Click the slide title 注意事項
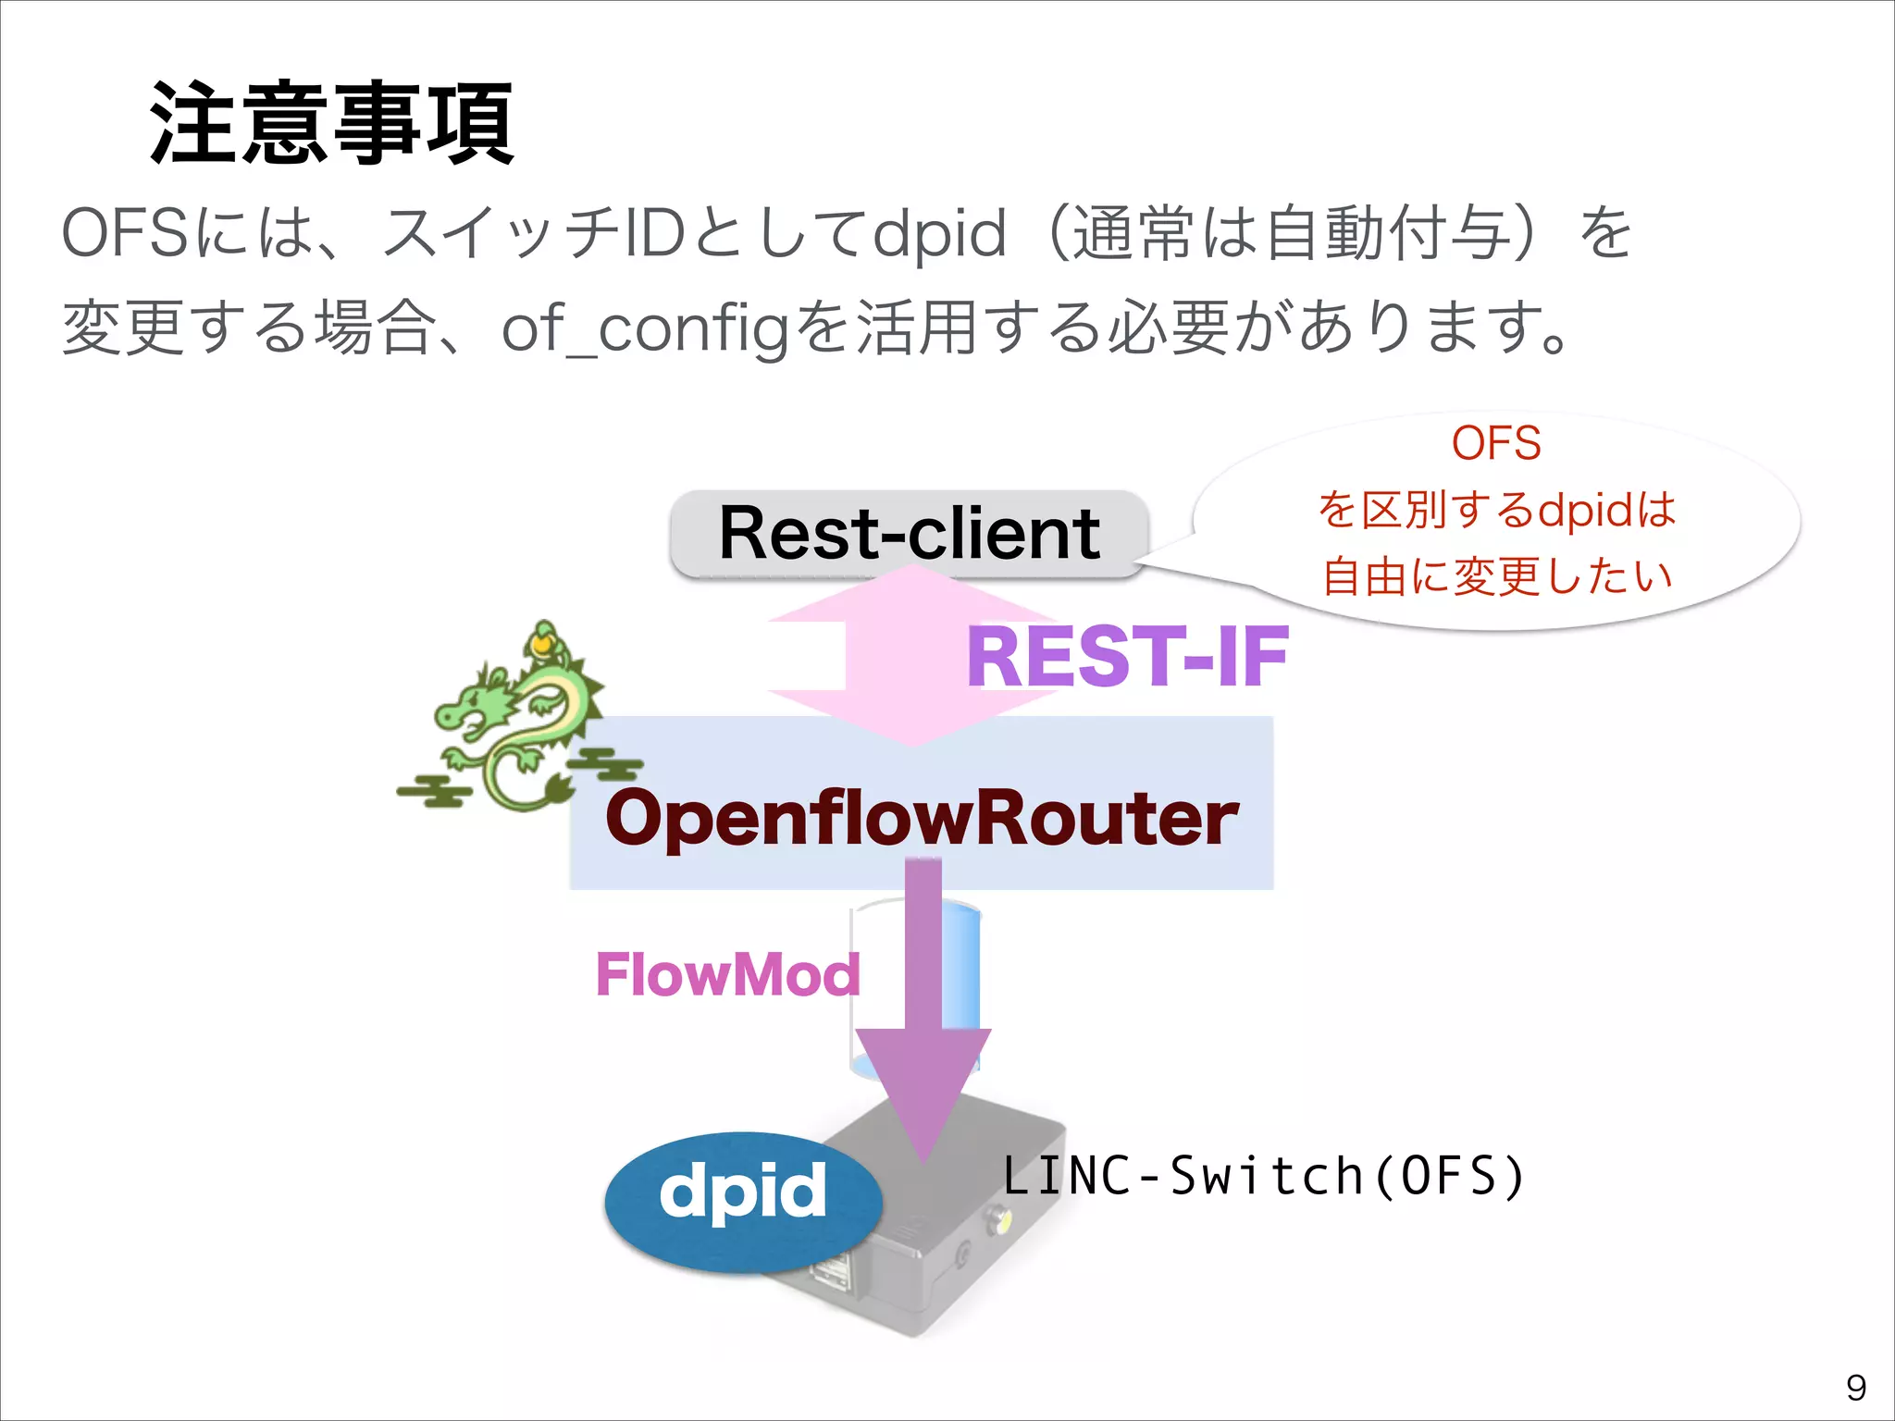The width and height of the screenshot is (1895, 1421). click(x=331, y=123)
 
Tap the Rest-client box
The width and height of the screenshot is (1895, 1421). click(x=909, y=534)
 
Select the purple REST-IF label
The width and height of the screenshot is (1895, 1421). click(x=1127, y=657)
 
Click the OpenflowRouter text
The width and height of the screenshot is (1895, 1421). click(x=922, y=818)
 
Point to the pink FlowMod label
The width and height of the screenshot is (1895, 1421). click(x=727, y=974)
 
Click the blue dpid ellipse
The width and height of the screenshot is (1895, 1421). click(x=743, y=1199)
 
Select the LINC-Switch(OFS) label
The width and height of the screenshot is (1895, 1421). click(x=1264, y=1177)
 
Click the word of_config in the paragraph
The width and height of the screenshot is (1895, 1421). click(x=645, y=328)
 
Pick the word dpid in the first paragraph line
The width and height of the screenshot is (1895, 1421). click(x=939, y=233)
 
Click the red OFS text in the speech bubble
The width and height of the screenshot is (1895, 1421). click(x=1496, y=443)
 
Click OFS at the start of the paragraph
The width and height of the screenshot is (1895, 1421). click(x=126, y=233)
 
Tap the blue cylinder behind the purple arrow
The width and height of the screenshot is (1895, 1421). click(x=962, y=971)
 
